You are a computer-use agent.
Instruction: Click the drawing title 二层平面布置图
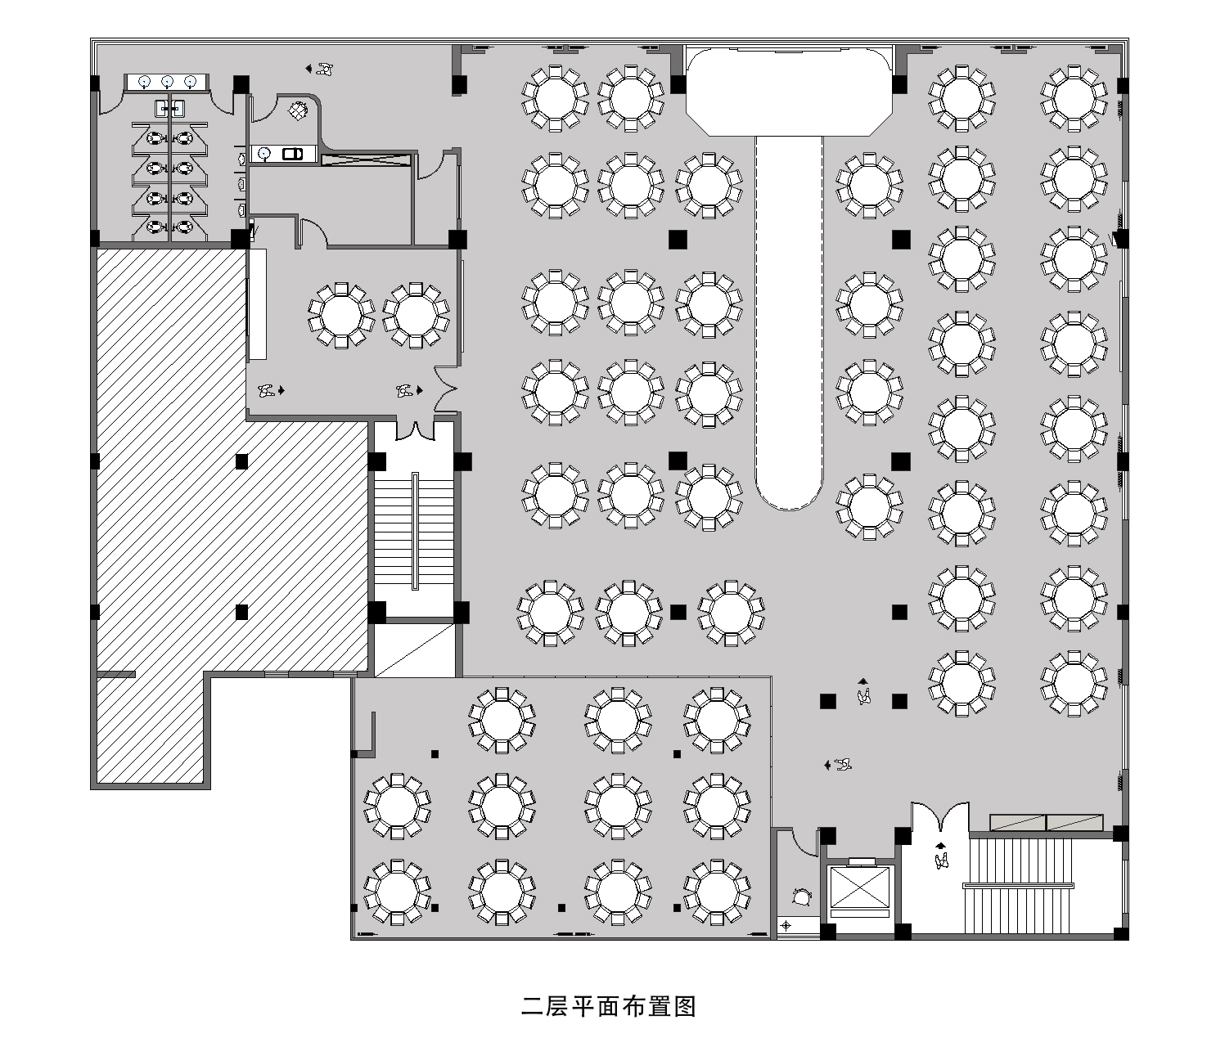pos(609,1006)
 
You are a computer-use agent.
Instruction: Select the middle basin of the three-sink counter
pos(167,82)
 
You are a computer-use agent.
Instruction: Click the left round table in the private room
pos(341,315)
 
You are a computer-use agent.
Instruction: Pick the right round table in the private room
pos(416,315)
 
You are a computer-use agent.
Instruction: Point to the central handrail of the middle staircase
pos(416,531)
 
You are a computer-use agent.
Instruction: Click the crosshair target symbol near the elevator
pos(786,926)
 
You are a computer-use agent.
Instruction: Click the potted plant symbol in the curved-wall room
pos(299,110)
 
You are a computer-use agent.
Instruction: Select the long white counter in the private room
pos(257,304)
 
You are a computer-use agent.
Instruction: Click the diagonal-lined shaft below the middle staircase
pos(415,650)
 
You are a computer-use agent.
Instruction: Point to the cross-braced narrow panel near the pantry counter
pos(365,159)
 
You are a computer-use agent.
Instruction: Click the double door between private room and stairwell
pos(416,430)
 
